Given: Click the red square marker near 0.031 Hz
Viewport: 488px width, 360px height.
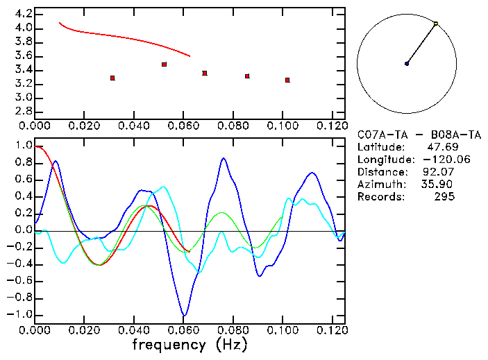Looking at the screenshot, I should click(112, 78).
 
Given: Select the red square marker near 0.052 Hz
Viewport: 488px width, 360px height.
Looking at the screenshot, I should click(164, 65).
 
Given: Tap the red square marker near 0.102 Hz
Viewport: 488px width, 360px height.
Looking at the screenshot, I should click(287, 80).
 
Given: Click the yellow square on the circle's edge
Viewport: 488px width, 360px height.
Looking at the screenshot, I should click(436, 24).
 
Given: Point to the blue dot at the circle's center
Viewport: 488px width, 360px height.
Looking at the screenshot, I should click(407, 64).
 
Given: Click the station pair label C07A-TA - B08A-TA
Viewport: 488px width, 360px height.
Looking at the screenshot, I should click(419, 135).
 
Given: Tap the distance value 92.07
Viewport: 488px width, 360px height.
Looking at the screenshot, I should click(437, 172).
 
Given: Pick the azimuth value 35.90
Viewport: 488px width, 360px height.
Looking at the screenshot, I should click(437, 185).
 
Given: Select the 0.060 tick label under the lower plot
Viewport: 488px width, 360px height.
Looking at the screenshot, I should click(183, 330).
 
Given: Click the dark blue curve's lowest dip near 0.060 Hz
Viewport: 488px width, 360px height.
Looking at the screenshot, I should click(183, 316).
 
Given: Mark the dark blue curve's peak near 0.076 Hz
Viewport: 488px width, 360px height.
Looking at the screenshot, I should click(224, 159).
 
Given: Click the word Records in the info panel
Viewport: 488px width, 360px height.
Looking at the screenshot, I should click(380, 197).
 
